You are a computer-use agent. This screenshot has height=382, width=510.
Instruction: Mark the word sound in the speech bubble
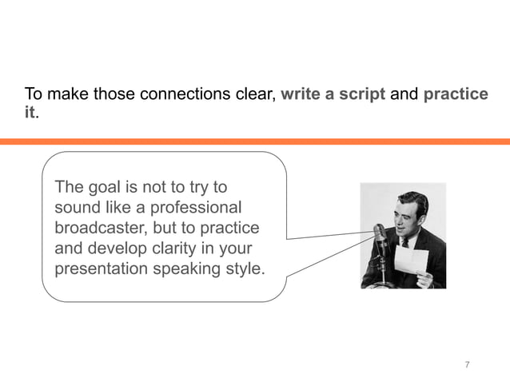[x=76, y=208]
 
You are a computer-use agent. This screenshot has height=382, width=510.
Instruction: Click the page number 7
[x=467, y=365]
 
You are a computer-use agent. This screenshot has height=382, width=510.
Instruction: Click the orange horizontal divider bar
[x=255, y=141]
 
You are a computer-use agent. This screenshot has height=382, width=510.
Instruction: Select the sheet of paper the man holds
[x=411, y=260]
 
